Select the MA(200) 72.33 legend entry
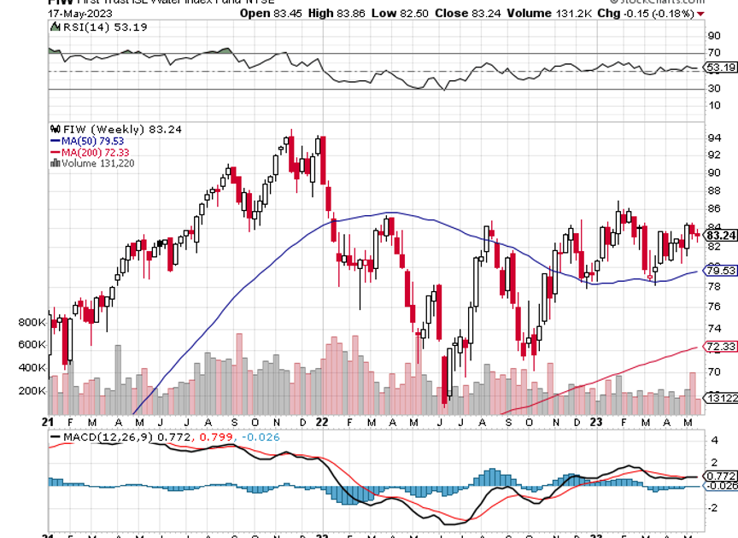click(x=83, y=151)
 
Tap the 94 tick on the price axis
click(x=714, y=138)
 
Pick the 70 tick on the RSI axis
click(x=714, y=52)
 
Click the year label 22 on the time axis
click(x=321, y=422)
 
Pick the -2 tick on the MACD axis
click(x=714, y=507)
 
